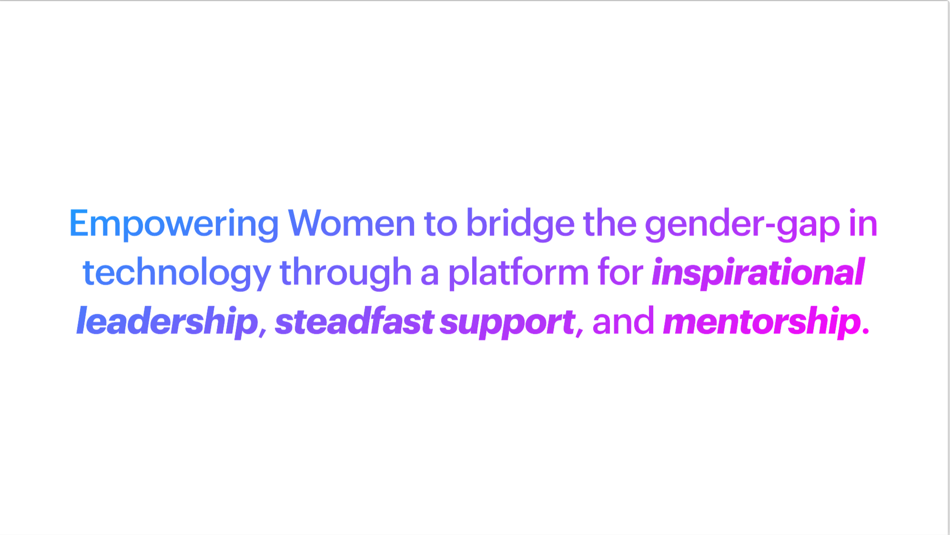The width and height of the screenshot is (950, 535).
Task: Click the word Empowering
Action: (x=174, y=224)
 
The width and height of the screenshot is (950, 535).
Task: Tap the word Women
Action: (x=352, y=223)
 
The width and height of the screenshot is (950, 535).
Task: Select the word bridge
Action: (x=520, y=224)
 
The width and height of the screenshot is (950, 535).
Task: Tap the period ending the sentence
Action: (x=866, y=331)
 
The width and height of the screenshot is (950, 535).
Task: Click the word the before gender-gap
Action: (x=610, y=223)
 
